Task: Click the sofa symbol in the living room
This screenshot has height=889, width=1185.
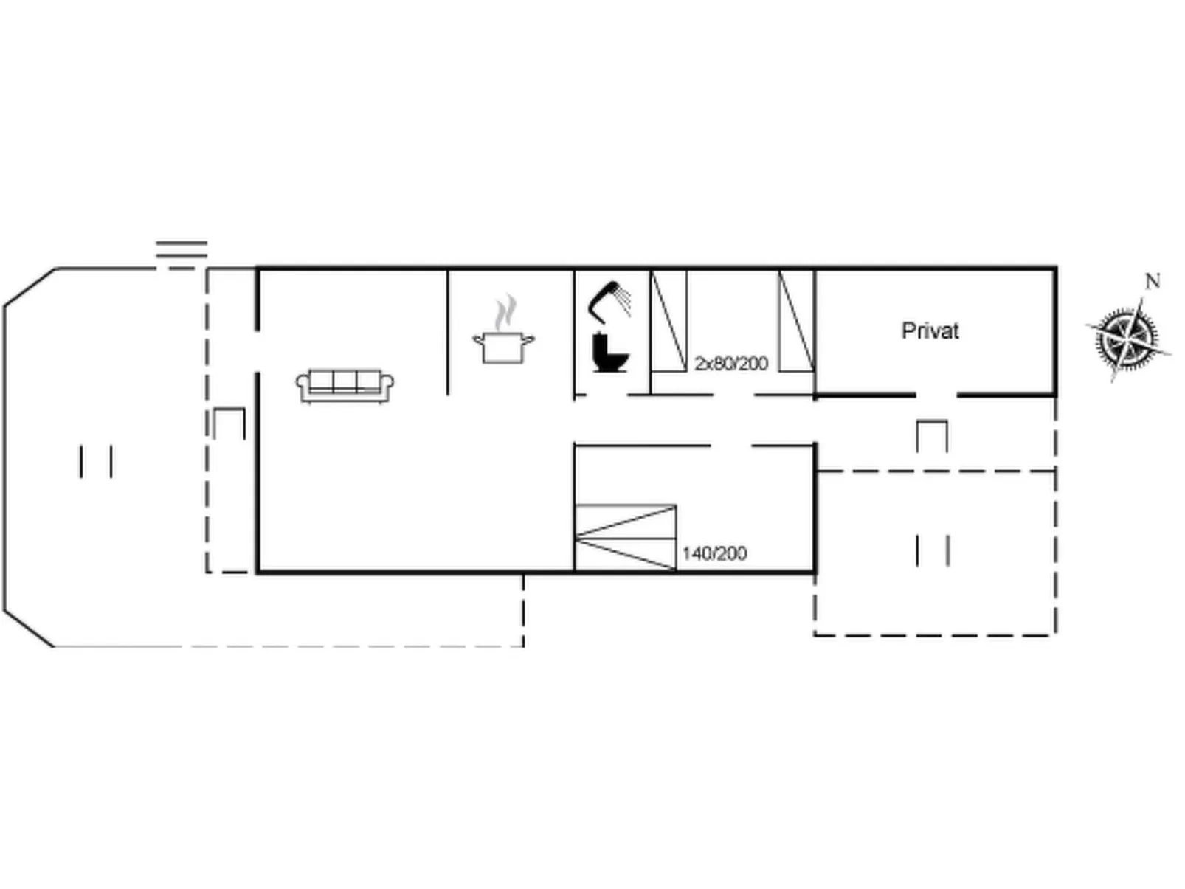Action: [x=345, y=386]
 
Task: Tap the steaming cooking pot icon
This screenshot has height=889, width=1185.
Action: [x=503, y=337]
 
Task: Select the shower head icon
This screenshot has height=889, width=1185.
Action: [x=609, y=301]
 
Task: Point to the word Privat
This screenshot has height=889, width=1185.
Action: [x=930, y=331]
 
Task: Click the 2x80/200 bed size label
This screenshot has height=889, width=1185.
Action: [x=730, y=363]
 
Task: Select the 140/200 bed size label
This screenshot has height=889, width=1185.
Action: [x=714, y=553]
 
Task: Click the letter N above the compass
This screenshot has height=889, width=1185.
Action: [x=1152, y=281]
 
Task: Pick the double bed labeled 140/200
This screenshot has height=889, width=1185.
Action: [x=625, y=538]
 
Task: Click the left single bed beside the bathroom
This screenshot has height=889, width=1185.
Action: [x=668, y=321]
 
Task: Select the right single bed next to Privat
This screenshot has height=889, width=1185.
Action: [x=796, y=321]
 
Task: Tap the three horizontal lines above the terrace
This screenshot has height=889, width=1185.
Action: [x=182, y=255]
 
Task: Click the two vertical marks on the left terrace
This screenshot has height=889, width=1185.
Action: [x=96, y=462]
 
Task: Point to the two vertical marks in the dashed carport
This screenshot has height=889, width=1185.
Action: [x=933, y=550]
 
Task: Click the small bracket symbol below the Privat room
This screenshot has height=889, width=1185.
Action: [x=932, y=435]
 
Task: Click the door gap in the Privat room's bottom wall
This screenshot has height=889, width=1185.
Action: [x=936, y=396]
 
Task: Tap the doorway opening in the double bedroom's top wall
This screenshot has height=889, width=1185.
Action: [x=730, y=446]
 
